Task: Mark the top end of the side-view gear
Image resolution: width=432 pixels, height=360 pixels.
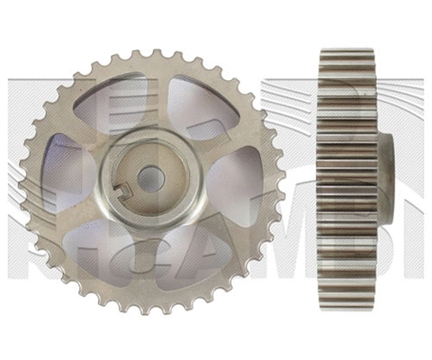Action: point(346,52)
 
